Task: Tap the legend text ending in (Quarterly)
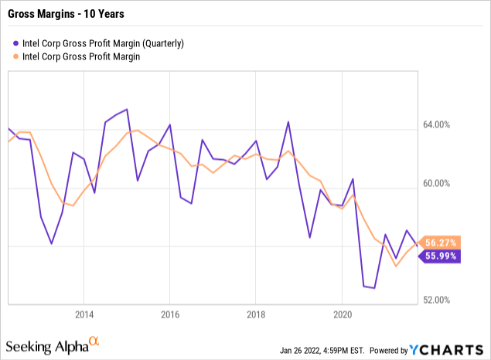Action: pyautogui.click(x=103, y=44)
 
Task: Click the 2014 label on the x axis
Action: pyautogui.click(x=84, y=315)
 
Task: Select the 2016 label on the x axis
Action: pyautogui.click(x=170, y=315)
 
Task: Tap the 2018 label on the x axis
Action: pyautogui.click(x=256, y=315)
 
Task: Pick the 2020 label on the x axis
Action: pyautogui.click(x=343, y=315)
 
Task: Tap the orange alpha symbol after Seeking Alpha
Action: pyautogui.click(x=94, y=339)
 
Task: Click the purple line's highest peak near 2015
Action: pyautogui.click(x=127, y=110)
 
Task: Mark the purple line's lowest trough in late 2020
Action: pyautogui.click(x=374, y=288)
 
